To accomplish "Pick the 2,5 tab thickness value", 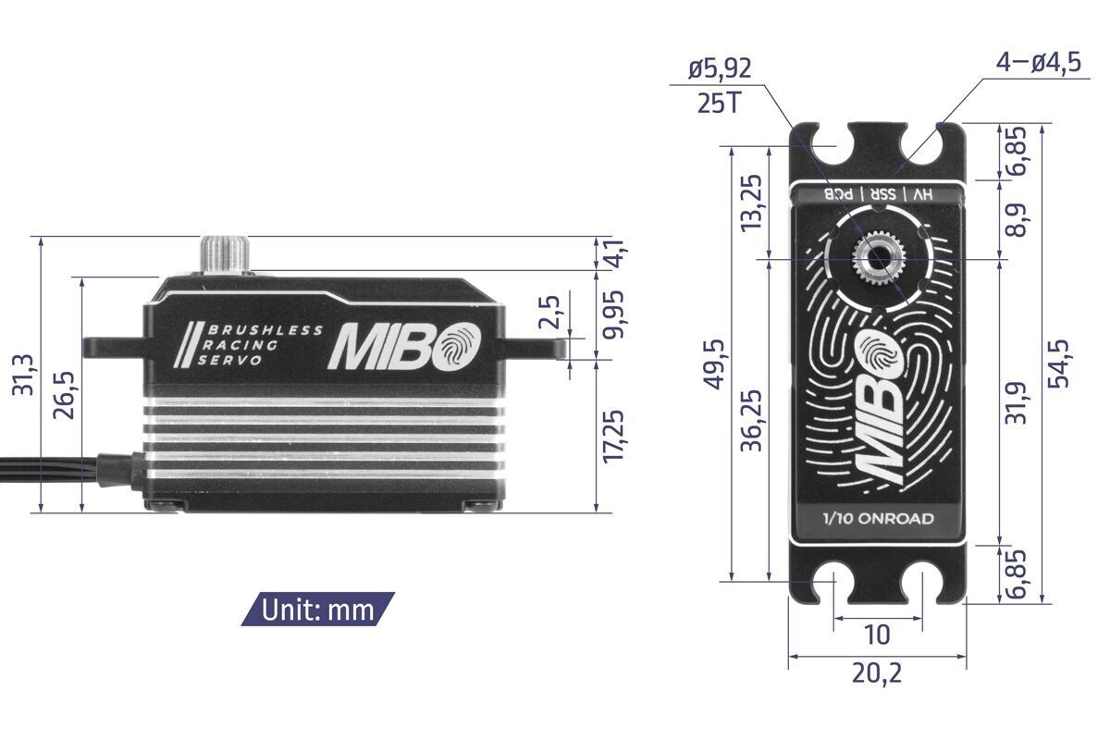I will [x=549, y=315].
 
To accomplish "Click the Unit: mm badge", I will [x=317, y=610].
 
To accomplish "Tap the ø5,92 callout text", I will [x=720, y=68].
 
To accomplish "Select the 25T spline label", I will [x=719, y=102].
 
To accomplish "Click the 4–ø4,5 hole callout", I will [x=1038, y=65].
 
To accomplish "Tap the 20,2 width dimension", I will [x=876, y=674].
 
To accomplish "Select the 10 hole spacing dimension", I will [x=877, y=635].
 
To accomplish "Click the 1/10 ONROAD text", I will [x=877, y=518].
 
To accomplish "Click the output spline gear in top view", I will [x=876, y=260].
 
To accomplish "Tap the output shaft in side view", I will [x=227, y=255].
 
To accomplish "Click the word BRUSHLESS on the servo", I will [x=265, y=330].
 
